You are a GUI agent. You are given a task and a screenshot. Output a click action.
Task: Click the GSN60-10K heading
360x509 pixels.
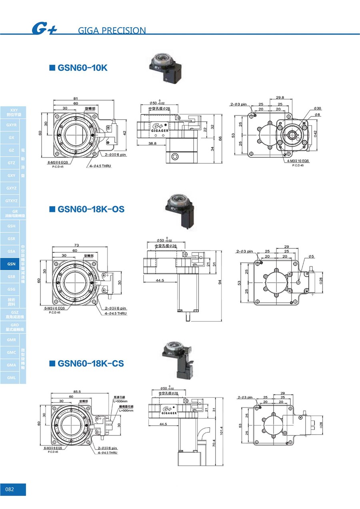click(x=82, y=68)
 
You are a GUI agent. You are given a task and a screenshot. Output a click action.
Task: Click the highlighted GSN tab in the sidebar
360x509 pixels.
click(x=11, y=264)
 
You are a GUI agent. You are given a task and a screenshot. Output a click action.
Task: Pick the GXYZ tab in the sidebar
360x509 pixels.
click(x=11, y=188)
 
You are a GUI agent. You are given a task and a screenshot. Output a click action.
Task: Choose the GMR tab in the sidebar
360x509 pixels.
click(x=11, y=340)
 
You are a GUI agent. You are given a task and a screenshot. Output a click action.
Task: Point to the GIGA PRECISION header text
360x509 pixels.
click(x=112, y=30)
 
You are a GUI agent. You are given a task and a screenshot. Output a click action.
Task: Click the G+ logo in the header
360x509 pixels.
click(x=44, y=29)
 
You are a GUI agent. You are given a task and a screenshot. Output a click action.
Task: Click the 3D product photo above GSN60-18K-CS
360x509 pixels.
click(x=178, y=360)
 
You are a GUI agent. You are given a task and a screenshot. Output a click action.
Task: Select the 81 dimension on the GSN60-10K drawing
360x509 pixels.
click(x=76, y=98)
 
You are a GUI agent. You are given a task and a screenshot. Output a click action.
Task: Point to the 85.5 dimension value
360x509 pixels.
click(x=77, y=391)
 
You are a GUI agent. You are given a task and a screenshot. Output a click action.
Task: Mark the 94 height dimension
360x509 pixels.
click(x=220, y=283)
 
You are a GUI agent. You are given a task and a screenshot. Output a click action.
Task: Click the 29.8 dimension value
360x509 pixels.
click(x=280, y=97)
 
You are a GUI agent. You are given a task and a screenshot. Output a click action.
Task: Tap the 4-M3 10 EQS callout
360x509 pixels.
click(x=298, y=161)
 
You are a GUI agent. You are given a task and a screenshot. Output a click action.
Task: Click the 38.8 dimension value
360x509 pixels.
click(x=152, y=143)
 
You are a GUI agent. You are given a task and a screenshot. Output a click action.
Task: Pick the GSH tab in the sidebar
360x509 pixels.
click(x=11, y=226)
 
